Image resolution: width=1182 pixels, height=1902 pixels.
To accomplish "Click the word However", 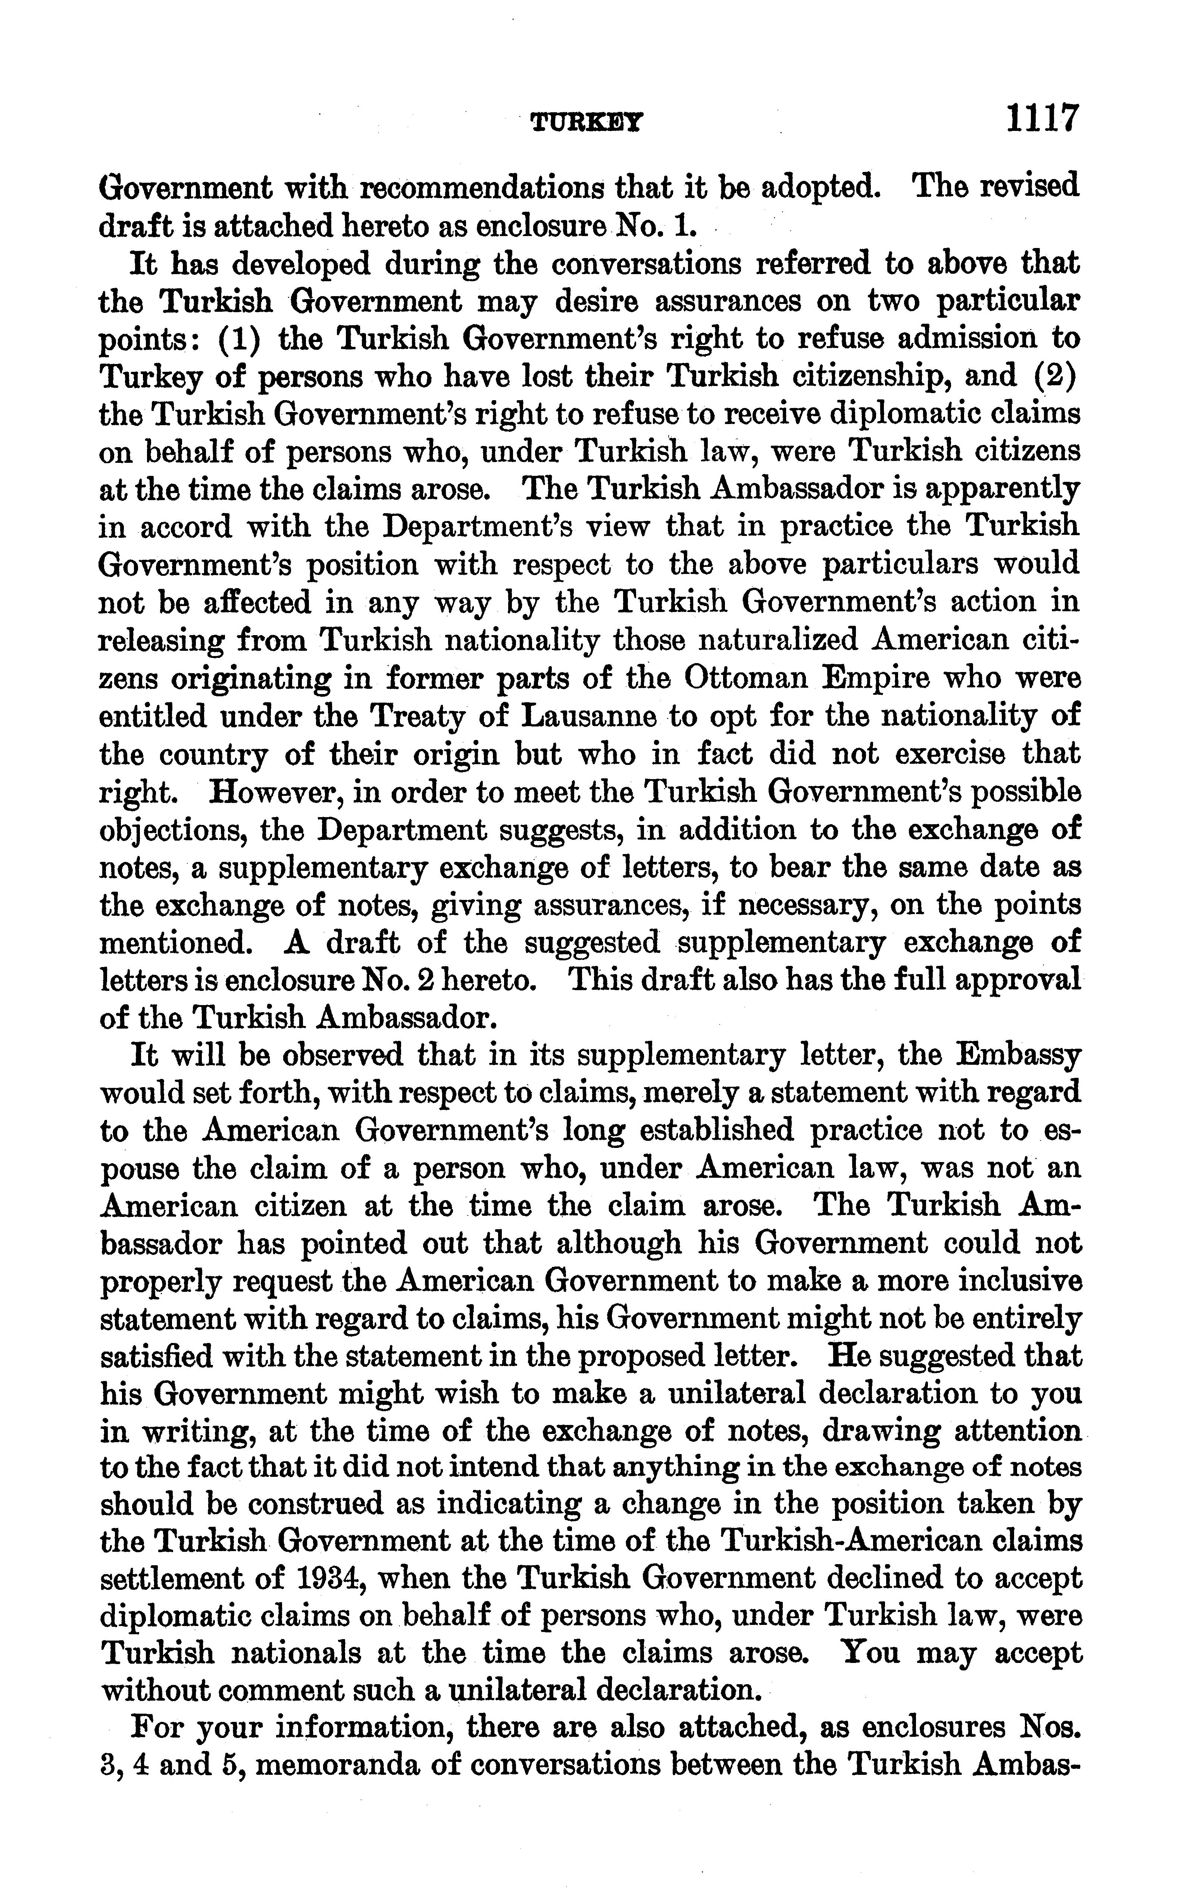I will (x=273, y=792).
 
